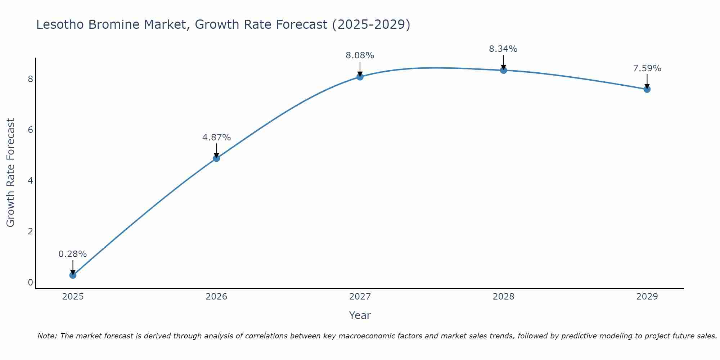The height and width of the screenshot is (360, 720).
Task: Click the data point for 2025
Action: (x=73, y=275)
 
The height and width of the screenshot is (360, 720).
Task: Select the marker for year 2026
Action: (x=216, y=158)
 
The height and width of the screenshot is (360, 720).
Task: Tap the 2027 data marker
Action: (x=360, y=77)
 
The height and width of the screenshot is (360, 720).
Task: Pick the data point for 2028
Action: (x=503, y=70)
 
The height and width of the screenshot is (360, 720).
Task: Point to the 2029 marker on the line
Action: (x=647, y=89)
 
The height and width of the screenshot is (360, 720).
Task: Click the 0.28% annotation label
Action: (x=73, y=254)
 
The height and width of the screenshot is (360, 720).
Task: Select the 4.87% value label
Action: (x=216, y=138)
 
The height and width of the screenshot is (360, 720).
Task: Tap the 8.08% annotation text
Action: (x=360, y=55)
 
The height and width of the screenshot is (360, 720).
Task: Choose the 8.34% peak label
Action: (x=503, y=49)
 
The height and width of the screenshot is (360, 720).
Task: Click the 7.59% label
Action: (x=647, y=68)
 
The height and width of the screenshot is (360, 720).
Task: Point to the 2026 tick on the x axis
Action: (x=216, y=297)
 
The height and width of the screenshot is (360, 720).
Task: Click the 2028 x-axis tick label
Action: (x=503, y=297)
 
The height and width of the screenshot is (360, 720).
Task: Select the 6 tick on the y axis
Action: (x=30, y=130)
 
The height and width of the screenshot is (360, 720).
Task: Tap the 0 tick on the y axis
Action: (x=30, y=282)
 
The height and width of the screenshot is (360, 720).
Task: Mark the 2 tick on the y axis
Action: (x=30, y=231)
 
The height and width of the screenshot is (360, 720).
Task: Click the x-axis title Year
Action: (x=360, y=315)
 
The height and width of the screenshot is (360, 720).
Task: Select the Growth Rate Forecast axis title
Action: (x=11, y=173)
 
